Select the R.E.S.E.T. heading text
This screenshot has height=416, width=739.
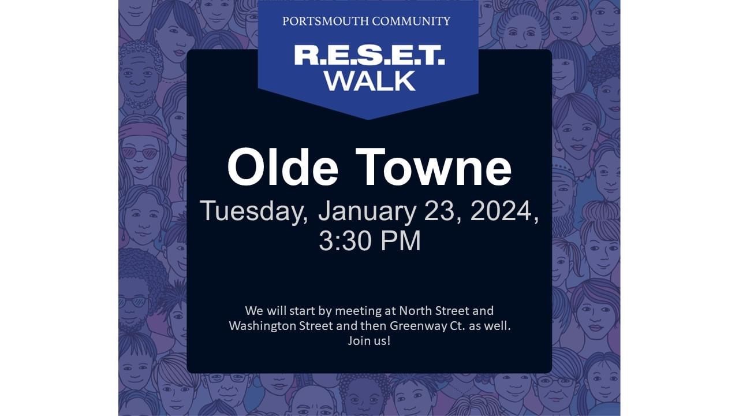(369, 55)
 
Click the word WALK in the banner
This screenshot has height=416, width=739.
(370, 81)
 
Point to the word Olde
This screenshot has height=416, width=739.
(283, 167)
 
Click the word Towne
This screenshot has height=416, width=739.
(433, 167)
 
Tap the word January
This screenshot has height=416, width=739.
(367, 212)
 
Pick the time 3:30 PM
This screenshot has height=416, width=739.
(370, 241)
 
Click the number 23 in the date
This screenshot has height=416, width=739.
(442, 211)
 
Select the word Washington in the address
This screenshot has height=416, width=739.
(263, 326)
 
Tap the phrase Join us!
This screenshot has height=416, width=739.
(369, 341)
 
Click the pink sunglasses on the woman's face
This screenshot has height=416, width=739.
(140, 153)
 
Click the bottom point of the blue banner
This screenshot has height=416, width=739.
(368, 119)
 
